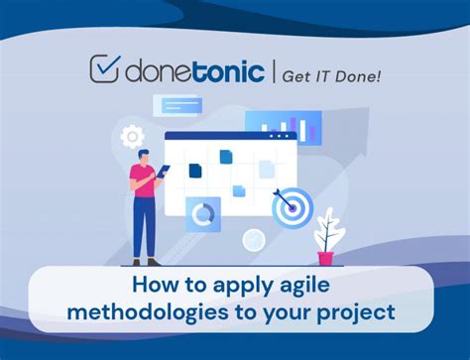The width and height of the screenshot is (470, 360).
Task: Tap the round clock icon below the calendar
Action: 254,239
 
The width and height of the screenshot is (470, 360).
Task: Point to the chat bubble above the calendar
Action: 179,105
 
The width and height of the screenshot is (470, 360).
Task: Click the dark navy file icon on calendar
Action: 194,171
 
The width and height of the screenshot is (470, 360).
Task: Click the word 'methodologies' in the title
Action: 139,314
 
